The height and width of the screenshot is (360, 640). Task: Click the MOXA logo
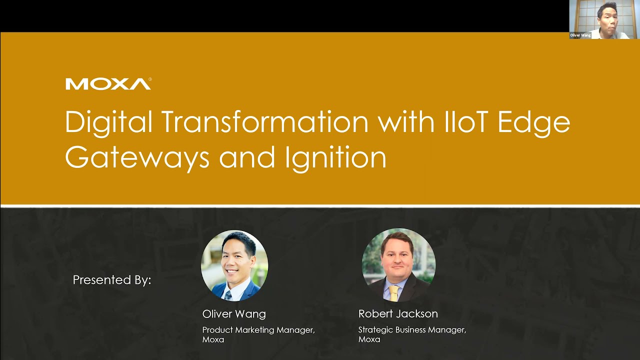click(108, 84)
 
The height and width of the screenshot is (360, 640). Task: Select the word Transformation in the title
click(264, 121)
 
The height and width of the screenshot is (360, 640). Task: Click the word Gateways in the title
click(137, 157)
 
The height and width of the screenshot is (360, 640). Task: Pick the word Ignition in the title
click(335, 157)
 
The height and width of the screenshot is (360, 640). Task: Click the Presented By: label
click(112, 280)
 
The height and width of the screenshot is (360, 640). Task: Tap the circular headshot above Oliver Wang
click(234, 265)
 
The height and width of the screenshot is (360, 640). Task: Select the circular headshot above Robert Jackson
click(398, 265)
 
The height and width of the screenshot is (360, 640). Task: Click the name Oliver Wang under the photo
click(234, 314)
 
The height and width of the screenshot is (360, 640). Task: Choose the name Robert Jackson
click(398, 314)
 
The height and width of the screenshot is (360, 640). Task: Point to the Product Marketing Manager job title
click(258, 330)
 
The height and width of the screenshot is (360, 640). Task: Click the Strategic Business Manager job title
click(412, 330)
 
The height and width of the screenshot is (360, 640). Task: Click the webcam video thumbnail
click(604, 19)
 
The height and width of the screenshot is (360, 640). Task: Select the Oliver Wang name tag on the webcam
click(580, 35)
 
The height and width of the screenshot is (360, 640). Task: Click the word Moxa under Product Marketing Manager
click(213, 339)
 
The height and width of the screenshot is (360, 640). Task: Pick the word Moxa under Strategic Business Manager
click(369, 339)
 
